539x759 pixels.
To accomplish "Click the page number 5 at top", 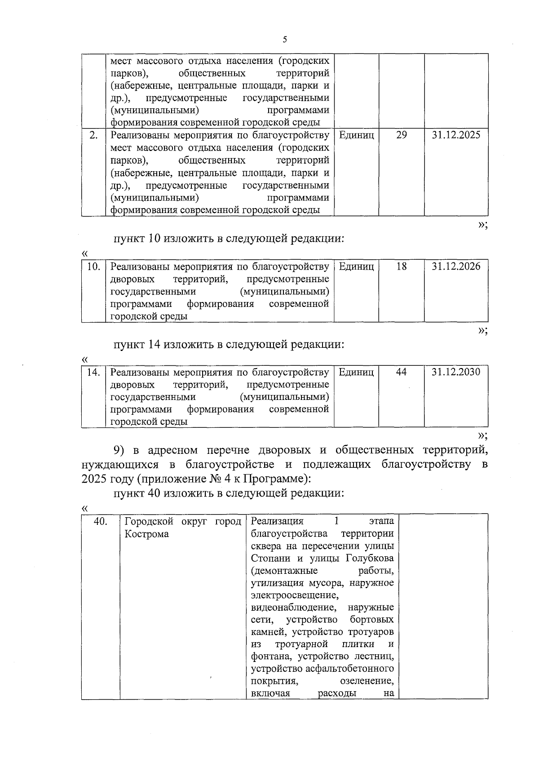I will [x=285, y=40].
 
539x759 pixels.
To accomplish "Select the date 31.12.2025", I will [x=456, y=135].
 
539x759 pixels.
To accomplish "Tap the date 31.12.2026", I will [x=456, y=266].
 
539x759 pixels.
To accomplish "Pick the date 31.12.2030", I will [x=456, y=372].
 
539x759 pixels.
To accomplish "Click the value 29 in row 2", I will [x=402, y=135].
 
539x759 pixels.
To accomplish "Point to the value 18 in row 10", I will [x=402, y=266].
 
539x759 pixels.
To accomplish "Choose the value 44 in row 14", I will [x=402, y=372].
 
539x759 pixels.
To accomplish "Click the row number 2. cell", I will [x=93, y=135].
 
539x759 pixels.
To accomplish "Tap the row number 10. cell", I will [x=93, y=266].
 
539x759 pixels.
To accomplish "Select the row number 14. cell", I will [x=93, y=372].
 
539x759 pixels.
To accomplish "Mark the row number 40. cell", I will [x=100, y=521].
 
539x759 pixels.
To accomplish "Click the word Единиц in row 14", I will [x=356, y=372].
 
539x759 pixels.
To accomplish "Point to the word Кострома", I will [x=146, y=534].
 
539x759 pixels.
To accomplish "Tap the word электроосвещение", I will [x=294, y=595].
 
